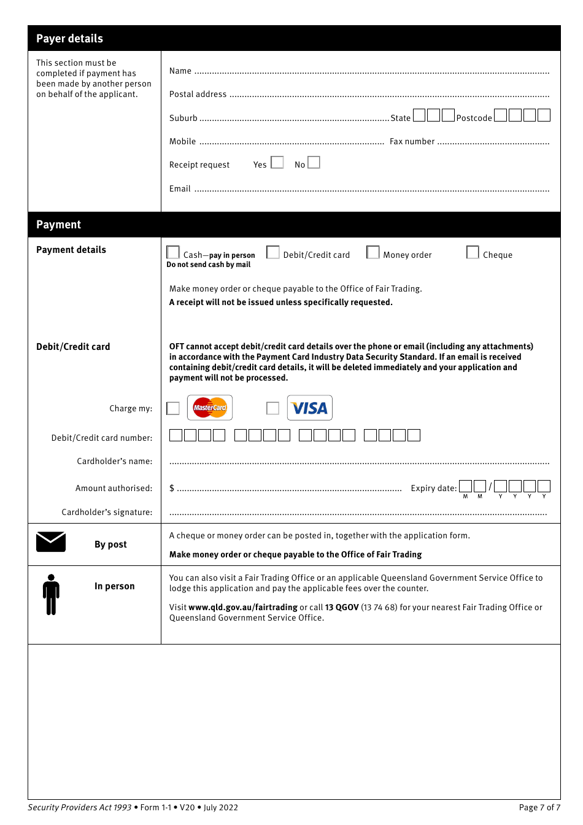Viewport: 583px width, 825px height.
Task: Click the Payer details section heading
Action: [69, 39]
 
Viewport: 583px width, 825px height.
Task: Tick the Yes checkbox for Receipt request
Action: [277, 163]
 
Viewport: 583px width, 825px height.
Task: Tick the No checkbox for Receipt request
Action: [314, 163]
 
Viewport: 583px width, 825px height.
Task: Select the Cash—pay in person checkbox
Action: [173, 253]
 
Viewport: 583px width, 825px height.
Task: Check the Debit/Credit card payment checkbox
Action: [273, 253]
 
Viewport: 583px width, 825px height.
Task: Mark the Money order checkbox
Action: [373, 253]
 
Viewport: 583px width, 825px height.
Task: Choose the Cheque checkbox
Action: [473, 253]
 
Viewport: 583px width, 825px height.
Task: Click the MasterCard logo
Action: [210, 408]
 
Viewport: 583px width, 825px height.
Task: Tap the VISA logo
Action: [310, 408]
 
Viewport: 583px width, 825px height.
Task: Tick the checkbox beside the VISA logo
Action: [273, 408]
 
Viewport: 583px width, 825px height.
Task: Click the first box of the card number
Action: [176, 435]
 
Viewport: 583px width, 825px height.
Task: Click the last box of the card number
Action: [414, 435]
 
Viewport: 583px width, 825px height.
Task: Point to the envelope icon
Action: [51, 542]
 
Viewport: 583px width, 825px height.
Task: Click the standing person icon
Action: [51, 594]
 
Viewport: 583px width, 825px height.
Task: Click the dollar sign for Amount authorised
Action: [172, 489]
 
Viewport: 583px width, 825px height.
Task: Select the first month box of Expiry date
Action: [466, 486]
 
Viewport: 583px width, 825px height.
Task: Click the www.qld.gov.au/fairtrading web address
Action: [243, 608]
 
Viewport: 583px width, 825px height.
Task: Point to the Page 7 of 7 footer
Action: [539, 808]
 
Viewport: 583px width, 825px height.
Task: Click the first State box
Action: [419, 115]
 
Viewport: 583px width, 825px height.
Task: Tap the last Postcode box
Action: [544, 115]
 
